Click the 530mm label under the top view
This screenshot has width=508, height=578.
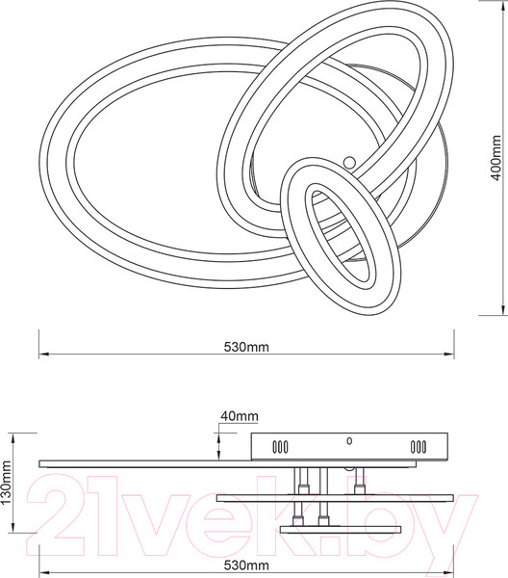245,346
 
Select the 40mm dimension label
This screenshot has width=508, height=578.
239,416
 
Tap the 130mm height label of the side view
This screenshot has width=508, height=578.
7,489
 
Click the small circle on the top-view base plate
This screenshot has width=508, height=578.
349,162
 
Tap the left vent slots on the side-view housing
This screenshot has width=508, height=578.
279,447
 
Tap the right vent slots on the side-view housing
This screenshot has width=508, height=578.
419,447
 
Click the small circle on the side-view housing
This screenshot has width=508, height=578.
349,440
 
